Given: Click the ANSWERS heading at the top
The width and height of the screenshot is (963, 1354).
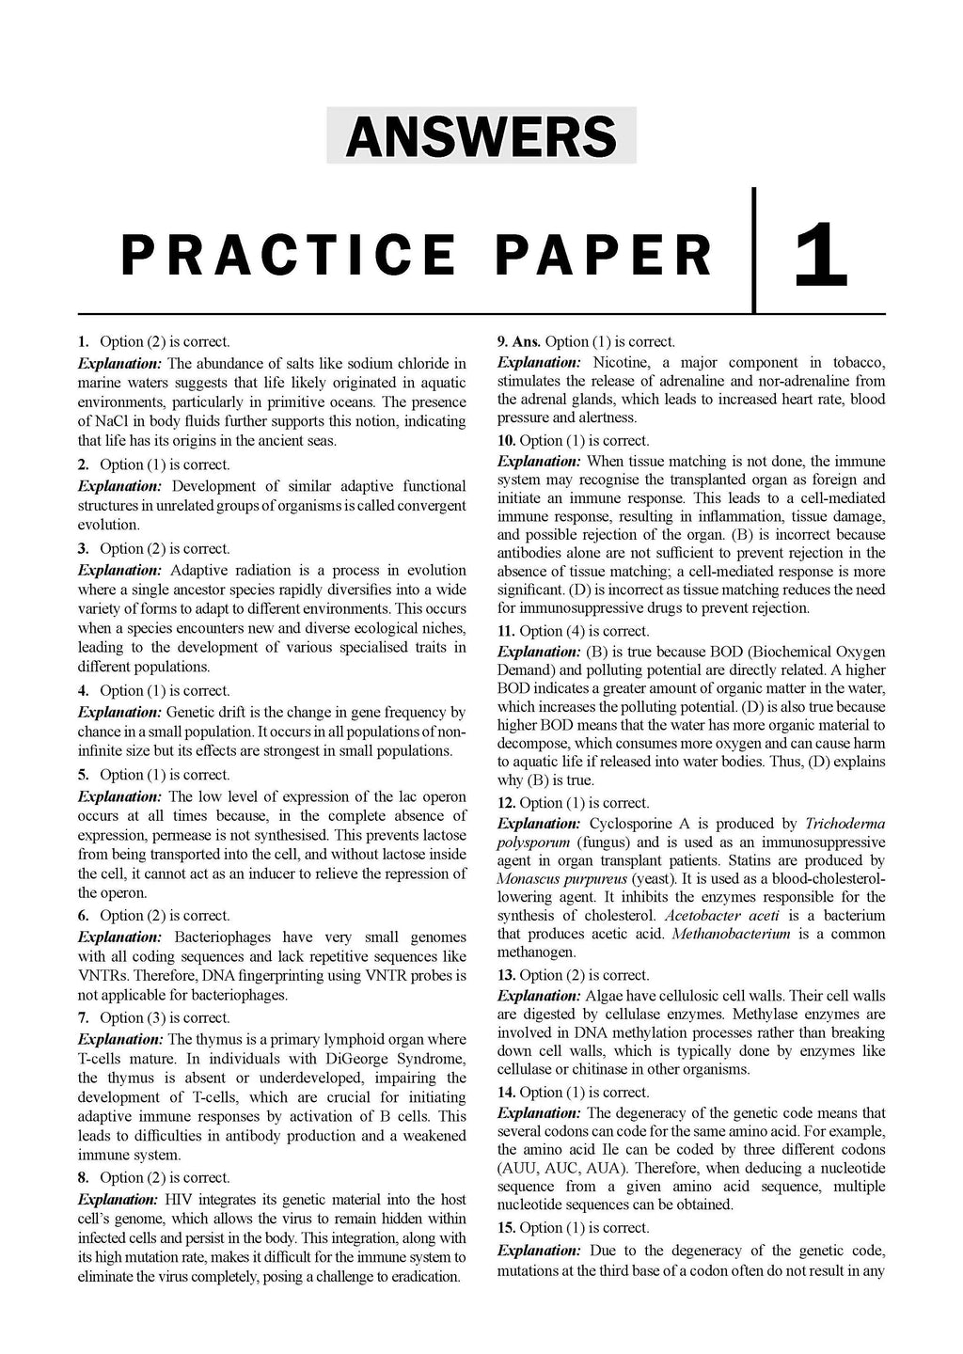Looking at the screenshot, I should [481, 137].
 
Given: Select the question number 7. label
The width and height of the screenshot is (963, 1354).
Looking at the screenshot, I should [84, 1017].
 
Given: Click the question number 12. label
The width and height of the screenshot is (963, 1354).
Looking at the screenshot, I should [506, 803].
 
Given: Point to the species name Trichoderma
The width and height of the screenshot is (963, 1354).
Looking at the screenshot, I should [845, 824].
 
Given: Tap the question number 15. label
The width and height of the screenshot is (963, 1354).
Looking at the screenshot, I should [506, 1227].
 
